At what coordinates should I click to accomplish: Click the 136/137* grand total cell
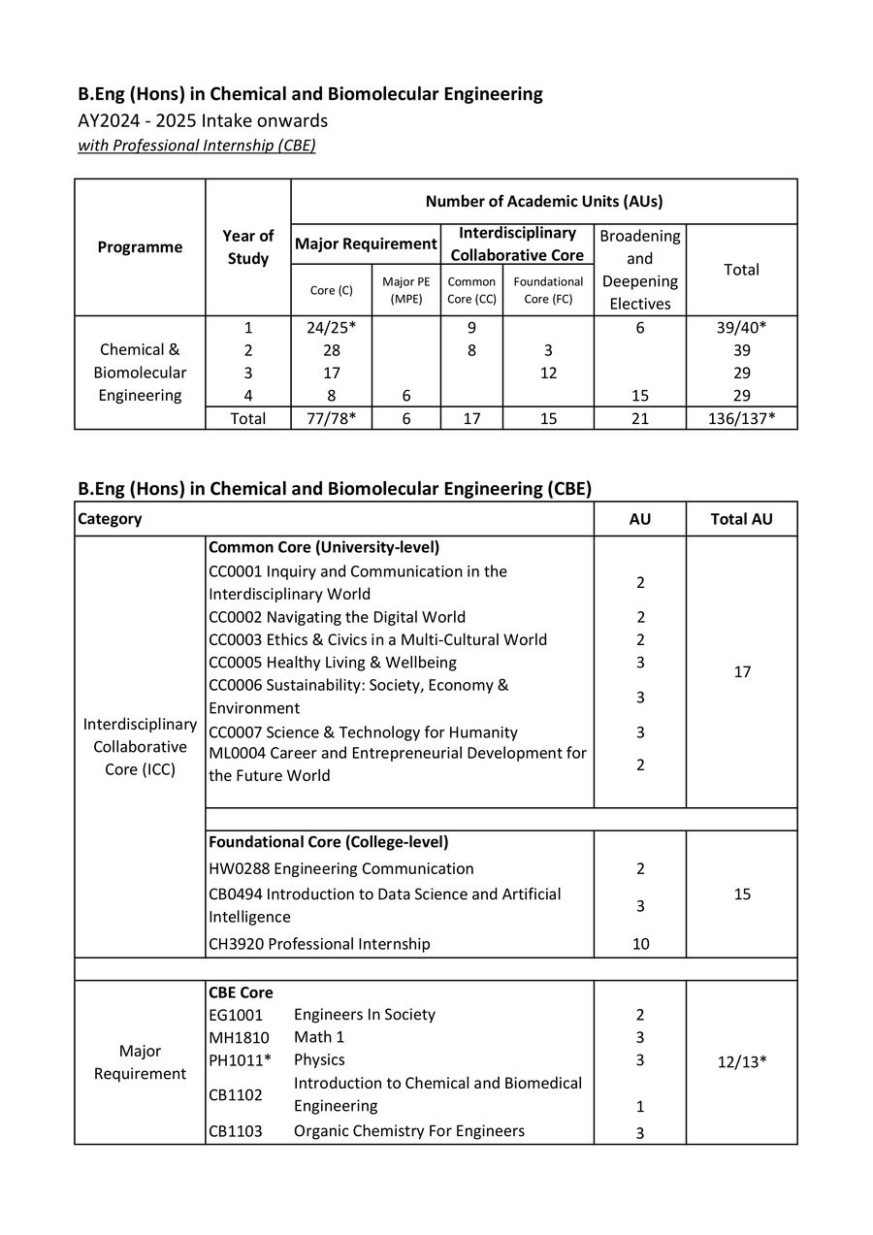tap(741, 418)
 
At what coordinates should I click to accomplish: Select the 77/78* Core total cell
tap(325, 418)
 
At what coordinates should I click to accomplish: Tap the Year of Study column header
tap(247, 246)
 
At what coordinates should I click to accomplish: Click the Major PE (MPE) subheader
tap(405, 290)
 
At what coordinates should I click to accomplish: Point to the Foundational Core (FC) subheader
tap(548, 290)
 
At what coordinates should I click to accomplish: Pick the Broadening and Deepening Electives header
tap(640, 270)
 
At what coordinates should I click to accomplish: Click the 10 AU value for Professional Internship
tap(640, 944)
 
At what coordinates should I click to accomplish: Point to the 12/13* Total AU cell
tap(741, 1060)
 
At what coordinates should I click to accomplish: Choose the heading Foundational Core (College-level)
tap(328, 842)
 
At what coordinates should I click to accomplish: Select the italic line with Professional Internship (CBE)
tap(197, 146)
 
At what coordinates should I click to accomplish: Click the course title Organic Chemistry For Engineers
tap(408, 1131)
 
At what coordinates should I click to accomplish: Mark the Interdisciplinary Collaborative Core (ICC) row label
tap(140, 747)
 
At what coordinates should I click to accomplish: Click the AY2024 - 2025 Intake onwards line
tap(203, 120)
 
